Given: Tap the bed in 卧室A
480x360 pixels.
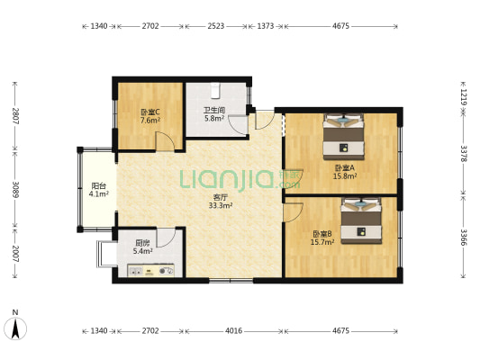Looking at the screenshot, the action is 344,137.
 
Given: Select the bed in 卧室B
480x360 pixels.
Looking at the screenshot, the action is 361,220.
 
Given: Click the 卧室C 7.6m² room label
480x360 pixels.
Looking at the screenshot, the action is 150,116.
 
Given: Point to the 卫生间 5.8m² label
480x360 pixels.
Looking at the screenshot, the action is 214,113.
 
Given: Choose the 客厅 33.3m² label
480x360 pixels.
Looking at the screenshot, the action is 221,202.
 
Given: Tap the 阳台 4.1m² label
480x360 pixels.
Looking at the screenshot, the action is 99,190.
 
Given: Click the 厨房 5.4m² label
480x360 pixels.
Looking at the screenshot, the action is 142,247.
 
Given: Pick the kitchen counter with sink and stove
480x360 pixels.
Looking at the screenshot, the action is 151,270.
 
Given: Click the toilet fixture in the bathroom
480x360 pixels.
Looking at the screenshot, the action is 215,90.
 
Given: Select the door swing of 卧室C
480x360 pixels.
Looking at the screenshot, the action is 165,141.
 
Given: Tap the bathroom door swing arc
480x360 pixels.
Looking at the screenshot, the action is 238,124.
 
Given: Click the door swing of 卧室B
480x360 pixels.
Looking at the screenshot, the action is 294,211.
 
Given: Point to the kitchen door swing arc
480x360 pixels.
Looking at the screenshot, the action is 166,238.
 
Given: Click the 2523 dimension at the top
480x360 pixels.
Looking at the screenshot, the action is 216,26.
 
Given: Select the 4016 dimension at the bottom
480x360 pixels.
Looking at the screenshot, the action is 233,330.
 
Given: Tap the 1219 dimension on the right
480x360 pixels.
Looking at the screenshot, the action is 464,97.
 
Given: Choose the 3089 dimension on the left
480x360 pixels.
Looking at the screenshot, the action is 15,189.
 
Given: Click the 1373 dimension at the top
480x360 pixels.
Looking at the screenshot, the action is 265,26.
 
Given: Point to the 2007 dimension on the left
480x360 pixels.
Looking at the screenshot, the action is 15,254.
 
